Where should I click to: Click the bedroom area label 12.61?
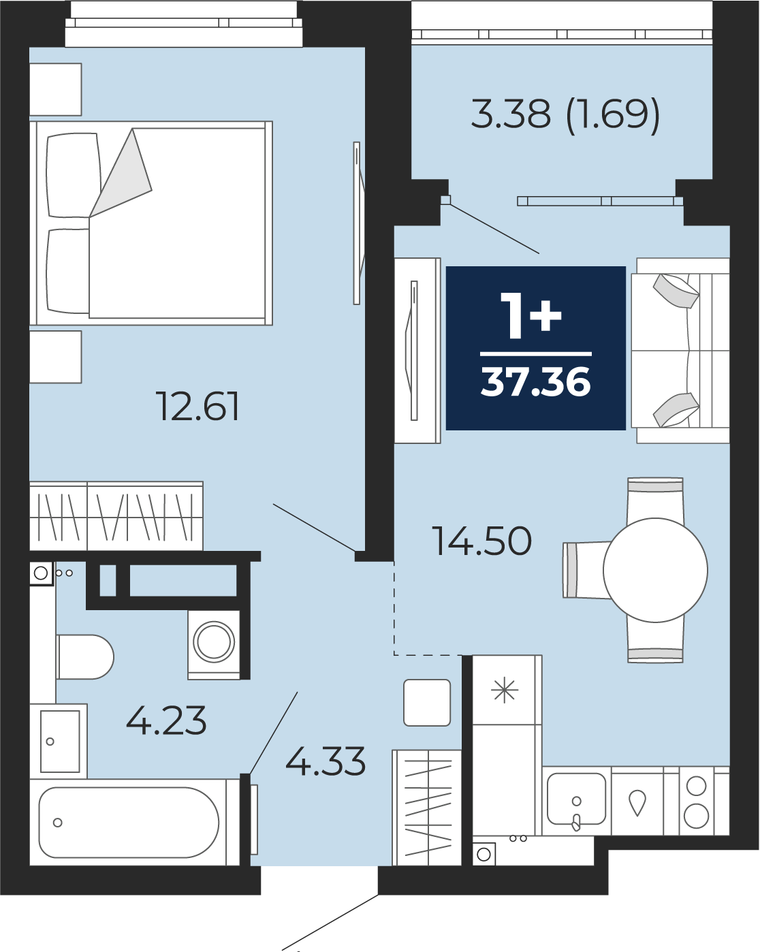(197, 406)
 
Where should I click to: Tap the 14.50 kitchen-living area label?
(481, 541)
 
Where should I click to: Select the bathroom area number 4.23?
(166, 720)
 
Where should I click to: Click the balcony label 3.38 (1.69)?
(565, 114)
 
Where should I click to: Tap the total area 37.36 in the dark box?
(536, 382)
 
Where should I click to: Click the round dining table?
(655, 570)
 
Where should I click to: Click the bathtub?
(129, 823)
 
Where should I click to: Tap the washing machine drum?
(214, 641)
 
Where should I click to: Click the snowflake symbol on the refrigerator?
(505, 692)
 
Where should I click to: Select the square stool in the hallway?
(427, 703)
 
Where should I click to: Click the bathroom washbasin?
(60, 742)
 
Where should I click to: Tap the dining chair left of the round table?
(586, 571)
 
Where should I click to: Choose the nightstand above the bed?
(56, 89)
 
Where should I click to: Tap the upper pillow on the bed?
(74, 176)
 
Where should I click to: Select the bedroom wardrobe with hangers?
(116, 516)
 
